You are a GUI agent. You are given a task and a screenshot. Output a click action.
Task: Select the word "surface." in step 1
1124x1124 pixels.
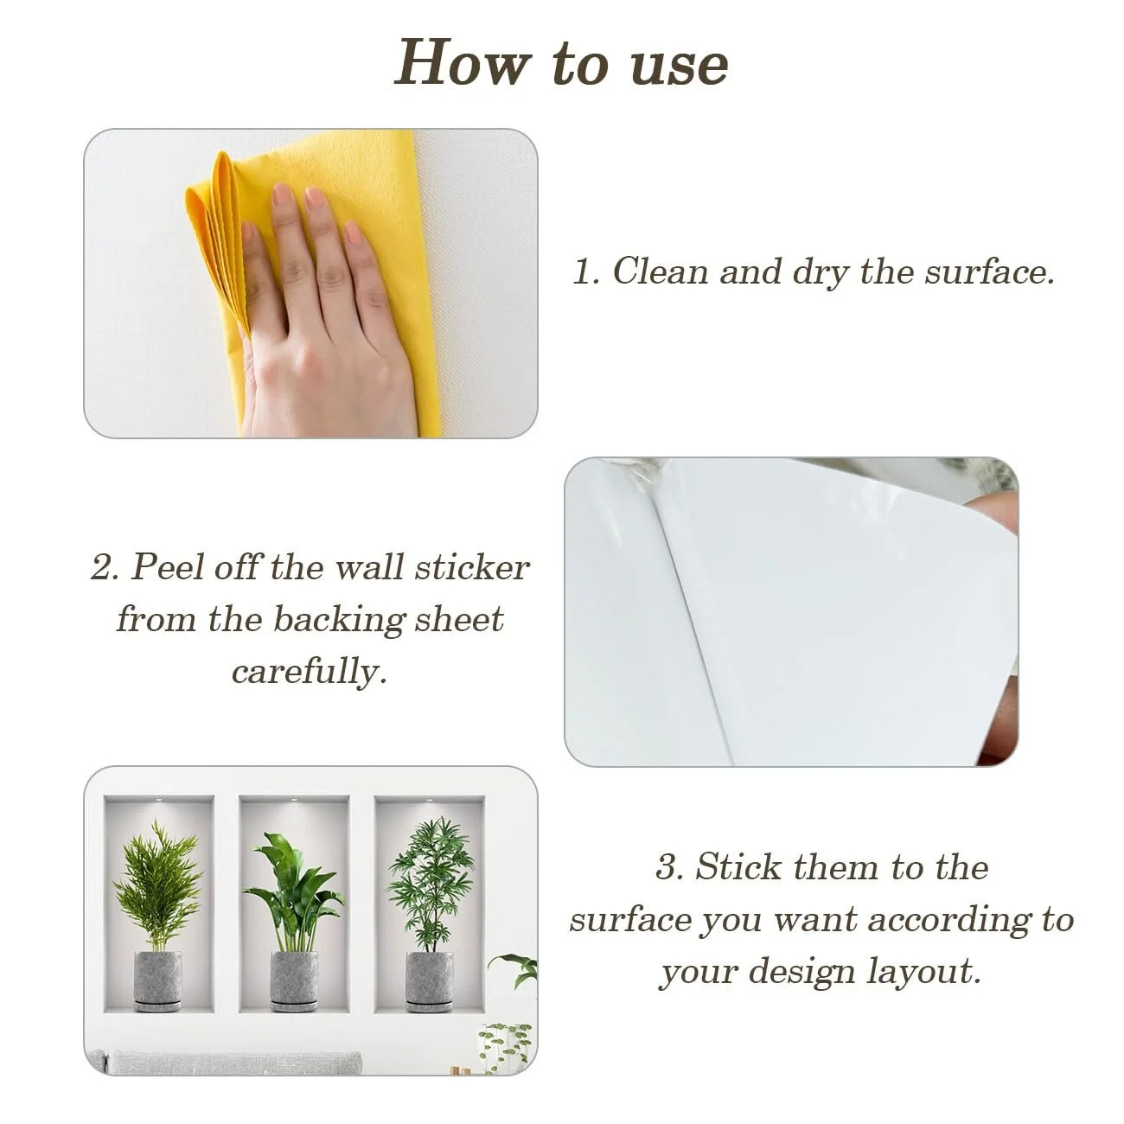(990, 272)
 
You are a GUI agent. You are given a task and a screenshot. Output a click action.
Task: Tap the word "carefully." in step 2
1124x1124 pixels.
(310, 672)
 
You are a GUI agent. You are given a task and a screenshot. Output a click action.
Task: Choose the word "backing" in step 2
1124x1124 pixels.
(339, 620)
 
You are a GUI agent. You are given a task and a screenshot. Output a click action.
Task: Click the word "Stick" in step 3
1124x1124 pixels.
(738, 866)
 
